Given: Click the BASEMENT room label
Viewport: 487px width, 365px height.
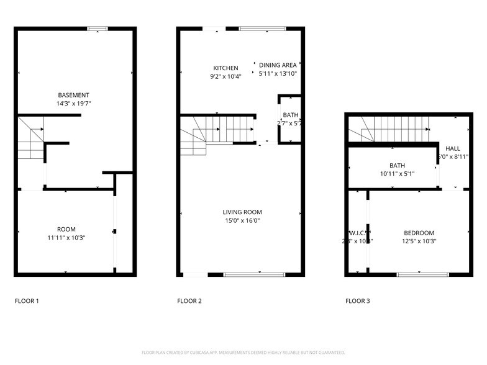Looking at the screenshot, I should (74, 95).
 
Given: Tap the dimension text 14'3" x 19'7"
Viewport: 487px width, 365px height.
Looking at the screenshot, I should (74, 104).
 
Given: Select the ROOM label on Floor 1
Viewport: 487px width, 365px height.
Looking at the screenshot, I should (66, 229).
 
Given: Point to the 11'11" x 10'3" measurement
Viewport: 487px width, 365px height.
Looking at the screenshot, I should (66, 238).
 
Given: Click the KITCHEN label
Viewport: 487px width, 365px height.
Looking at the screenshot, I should (225, 68).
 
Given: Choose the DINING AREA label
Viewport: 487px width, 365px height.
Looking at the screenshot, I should (278, 65).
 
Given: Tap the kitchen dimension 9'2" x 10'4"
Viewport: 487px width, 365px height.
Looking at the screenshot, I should (225, 77).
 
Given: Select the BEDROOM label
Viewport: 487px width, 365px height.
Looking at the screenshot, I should (419, 233).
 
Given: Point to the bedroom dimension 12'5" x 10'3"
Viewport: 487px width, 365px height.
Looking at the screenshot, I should (419, 241).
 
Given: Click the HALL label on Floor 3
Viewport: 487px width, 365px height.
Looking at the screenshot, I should (453, 148).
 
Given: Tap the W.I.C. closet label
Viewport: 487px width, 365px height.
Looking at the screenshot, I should (348, 233).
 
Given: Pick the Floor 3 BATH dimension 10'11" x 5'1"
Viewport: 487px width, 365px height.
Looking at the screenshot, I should (397, 174).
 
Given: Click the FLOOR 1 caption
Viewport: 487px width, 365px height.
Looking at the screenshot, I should (27, 301).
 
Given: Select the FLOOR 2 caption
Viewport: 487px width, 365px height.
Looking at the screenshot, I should (189, 301).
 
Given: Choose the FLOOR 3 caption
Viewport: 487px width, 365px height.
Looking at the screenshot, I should (358, 301).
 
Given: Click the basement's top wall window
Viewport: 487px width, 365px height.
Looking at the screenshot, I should (98, 29).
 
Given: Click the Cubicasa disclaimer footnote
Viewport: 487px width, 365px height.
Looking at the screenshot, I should (243, 352).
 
